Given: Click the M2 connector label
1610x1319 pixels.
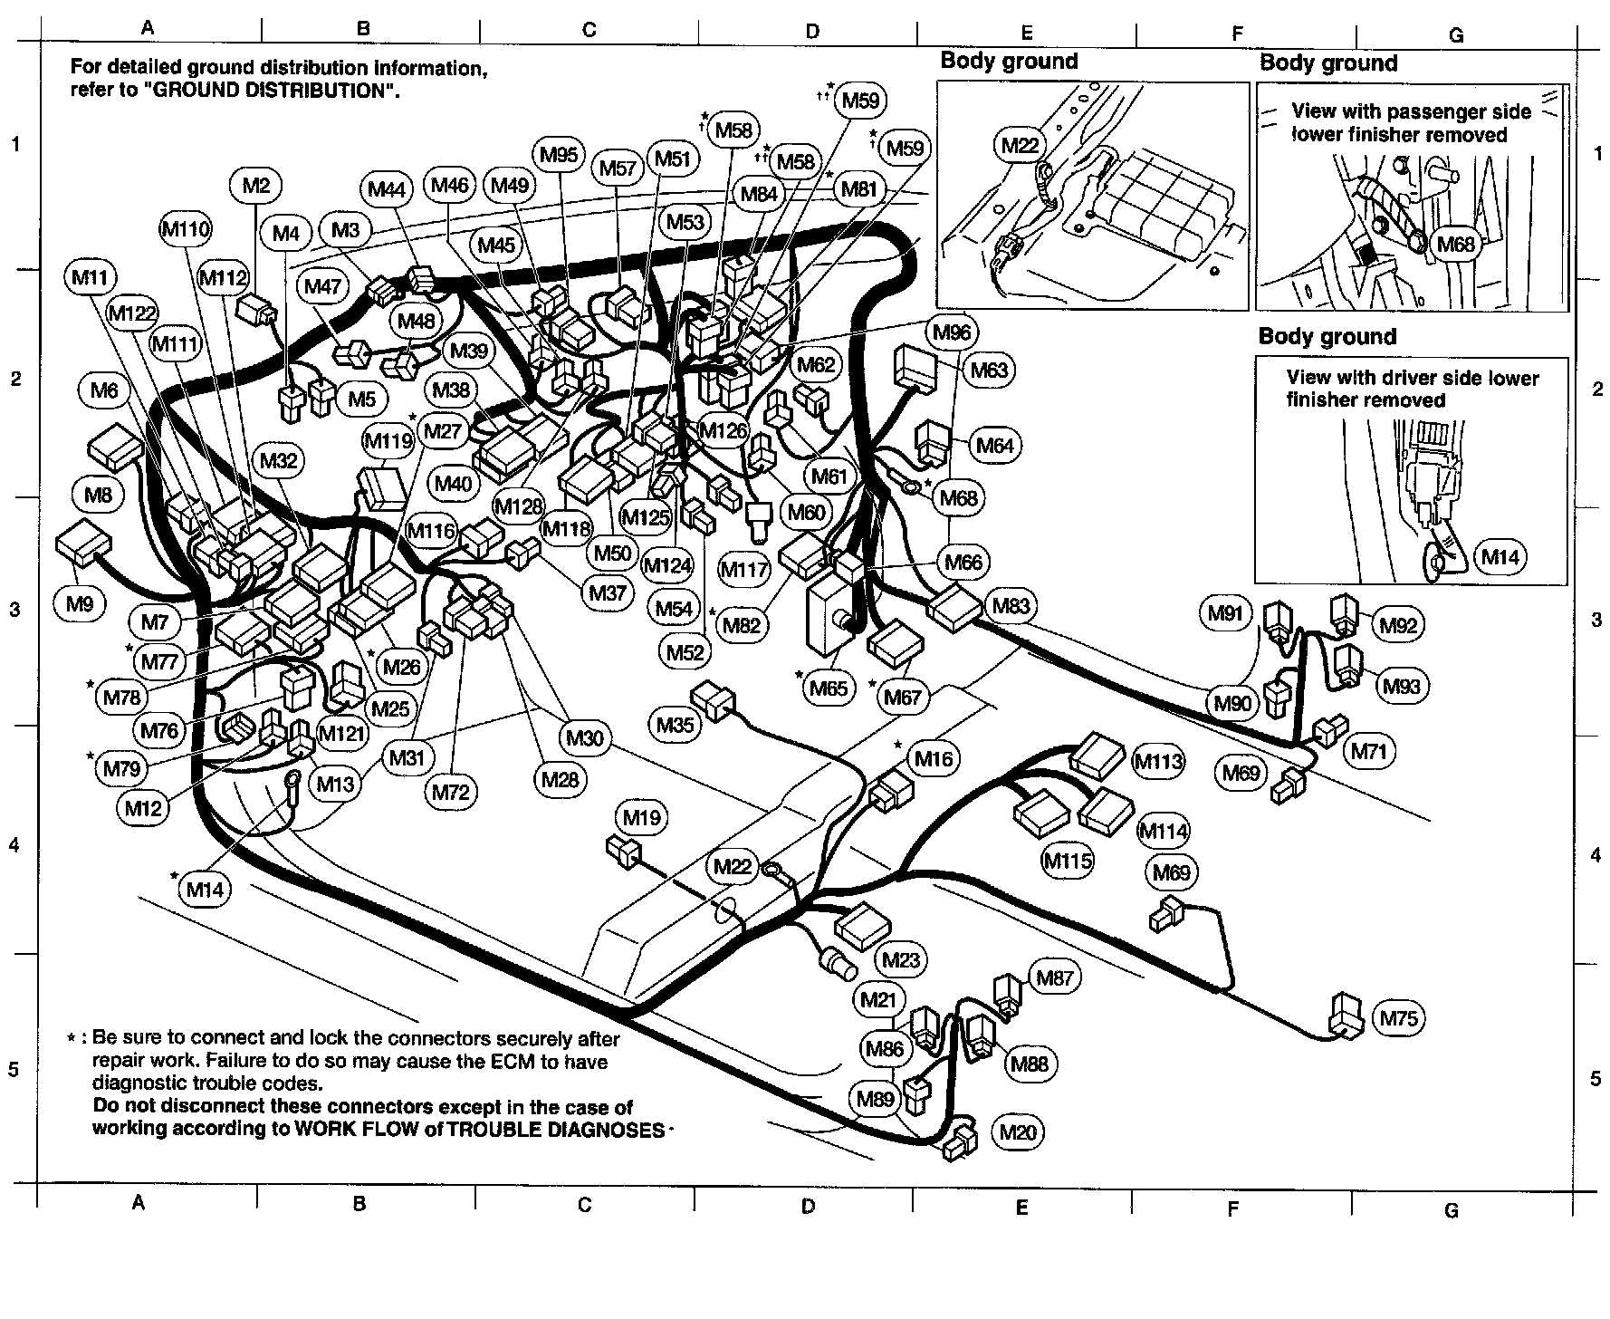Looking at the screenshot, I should pyautogui.click(x=256, y=186).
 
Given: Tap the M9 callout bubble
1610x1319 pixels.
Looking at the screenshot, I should pyautogui.click(x=80, y=603).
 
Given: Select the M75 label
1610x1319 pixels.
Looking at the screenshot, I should pyautogui.click(x=1398, y=1018).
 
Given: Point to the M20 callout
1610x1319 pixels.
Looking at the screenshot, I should pyautogui.click(x=1018, y=1131).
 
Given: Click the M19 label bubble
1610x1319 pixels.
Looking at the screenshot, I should pyautogui.click(x=642, y=818).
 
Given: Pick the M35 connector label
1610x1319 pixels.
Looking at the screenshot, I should pyautogui.click(x=675, y=724).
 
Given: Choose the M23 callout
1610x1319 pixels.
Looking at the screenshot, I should pyautogui.click(x=900, y=960).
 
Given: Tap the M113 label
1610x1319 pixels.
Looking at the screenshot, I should pyautogui.click(x=1158, y=761).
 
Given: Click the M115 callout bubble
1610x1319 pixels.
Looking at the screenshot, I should pyautogui.click(x=1068, y=860).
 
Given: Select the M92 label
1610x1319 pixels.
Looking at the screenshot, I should pyautogui.click(x=1398, y=624).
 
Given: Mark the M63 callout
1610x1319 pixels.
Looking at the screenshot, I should pyautogui.click(x=988, y=370).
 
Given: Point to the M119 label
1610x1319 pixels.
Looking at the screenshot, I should pyautogui.click(x=388, y=441).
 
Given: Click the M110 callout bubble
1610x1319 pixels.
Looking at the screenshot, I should pyautogui.click(x=186, y=229).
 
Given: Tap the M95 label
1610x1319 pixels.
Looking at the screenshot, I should pyautogui.click(x=559, y=154).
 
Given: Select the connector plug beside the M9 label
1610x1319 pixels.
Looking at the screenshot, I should pyautogui.click(x=83, y=545).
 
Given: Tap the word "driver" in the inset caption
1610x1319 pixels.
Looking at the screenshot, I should pyautogui.click(x=1407, y=378).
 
